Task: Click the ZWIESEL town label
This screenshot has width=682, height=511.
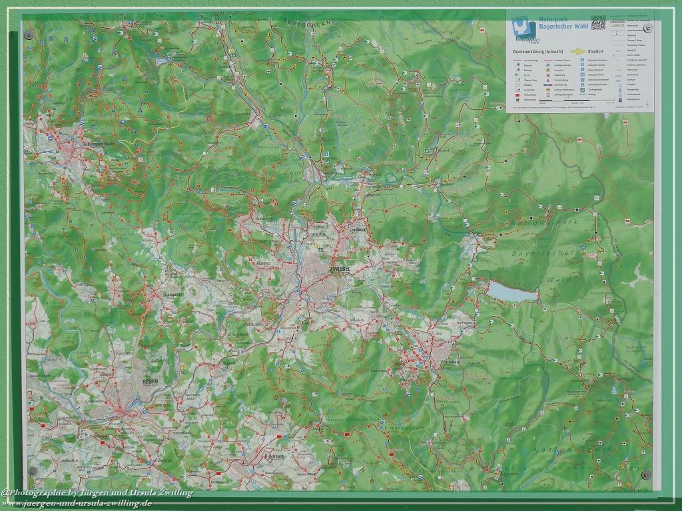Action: pyautogui.click(x=340, y=268)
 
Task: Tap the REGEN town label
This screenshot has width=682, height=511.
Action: pyautogui.click(x=150, y=381)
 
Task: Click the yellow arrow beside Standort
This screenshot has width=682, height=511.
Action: pyautogui.click(x=576, y=51)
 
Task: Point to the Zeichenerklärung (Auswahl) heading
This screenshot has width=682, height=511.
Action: pyautogui.click(x=535, y=51)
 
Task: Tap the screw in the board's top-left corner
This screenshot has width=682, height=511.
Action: pyautogui.click(x=28, y=34)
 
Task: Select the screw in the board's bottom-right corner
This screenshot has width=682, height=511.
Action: pyautogui.click(x=645, y=474)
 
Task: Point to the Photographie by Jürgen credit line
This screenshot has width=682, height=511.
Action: pyautogui.click(x=97, y=493)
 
